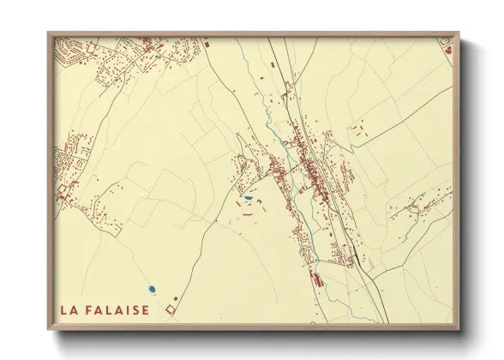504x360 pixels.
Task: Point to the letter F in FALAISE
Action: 90,309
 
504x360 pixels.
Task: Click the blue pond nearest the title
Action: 151,289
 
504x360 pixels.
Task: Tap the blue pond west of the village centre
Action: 248,198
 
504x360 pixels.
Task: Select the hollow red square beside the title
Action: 170,309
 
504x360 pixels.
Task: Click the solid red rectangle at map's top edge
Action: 206,42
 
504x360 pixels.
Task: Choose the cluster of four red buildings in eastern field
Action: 356,130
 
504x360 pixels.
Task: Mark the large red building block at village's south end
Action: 318,279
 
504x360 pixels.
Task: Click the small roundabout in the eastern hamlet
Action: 415,207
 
